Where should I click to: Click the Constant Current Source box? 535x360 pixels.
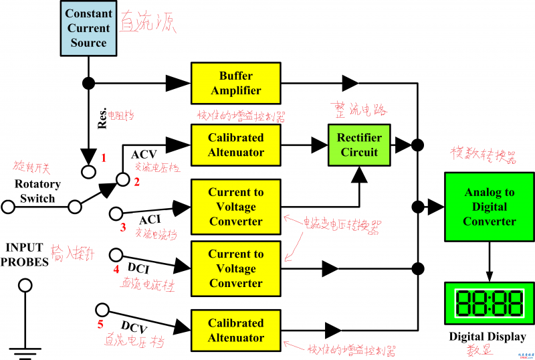(x=88, y=28)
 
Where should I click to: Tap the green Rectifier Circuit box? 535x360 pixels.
(x=358, y=145)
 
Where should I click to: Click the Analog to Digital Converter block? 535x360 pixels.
(x=490, y=207)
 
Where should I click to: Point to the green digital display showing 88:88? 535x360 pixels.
(x=490, y=303)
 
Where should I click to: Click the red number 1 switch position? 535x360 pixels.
(x=104, y=158)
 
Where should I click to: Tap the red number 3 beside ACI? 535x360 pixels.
(x=123, y=228)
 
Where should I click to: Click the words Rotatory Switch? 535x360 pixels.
(x=37, y=191)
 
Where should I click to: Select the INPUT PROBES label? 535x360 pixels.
(x=25, y=255)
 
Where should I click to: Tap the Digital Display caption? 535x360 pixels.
(x=488, y=337)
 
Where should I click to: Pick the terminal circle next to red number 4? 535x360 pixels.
(x=115, y=254)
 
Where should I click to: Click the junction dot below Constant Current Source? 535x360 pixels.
(x=88, y=83)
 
